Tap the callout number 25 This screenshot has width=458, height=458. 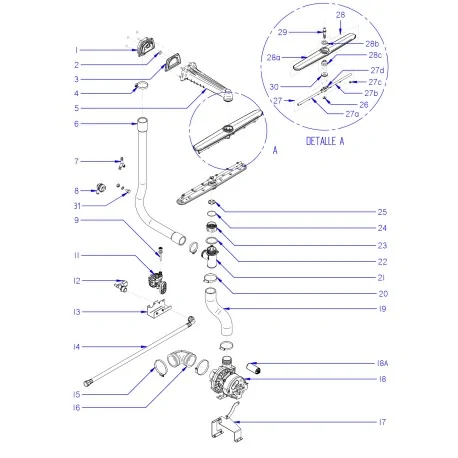[382, 212]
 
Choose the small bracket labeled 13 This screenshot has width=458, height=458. [158, 312]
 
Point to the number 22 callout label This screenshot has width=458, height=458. [382, 261]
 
